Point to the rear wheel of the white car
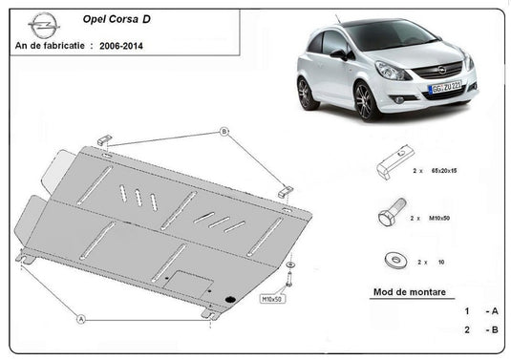[307, 93]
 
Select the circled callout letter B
[224, 131]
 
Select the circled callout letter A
[81, 318]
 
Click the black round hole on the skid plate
[230, 301]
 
